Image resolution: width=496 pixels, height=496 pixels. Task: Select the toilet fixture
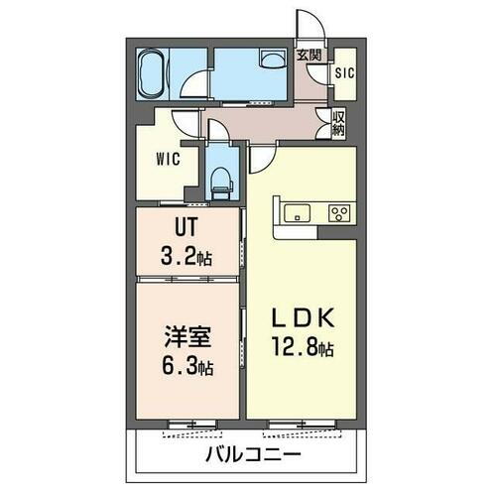(x=223, y=179)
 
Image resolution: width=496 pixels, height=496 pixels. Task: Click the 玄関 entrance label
(x=309, y=56)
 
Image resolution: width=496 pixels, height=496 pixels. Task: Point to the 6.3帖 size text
(x=186, y=364)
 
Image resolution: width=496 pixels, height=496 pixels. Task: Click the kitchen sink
(x=298, y=212)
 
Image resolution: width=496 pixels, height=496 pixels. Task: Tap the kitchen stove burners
(x=338, y=212)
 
